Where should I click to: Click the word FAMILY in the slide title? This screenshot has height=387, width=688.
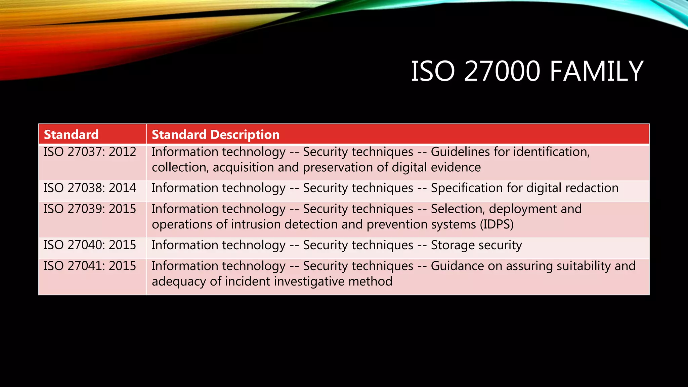[x=596, y=71]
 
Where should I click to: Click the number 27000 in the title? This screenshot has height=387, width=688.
[x=502, y=71]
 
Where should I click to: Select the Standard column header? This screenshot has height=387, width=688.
[x=71, y=135]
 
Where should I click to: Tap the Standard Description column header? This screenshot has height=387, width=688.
[x=215, y=135]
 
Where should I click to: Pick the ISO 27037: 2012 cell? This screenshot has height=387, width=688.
[x=90, y=152]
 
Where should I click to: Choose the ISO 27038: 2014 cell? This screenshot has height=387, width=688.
[x=90, y=188]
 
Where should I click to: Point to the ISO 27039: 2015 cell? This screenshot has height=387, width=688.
[x=90, y=209]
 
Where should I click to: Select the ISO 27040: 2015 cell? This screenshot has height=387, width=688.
[x=90, y=245]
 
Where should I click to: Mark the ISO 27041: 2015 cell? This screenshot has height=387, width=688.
[x=90, y=266]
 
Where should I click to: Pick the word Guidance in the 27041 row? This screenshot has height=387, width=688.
[x=457, y=266]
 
